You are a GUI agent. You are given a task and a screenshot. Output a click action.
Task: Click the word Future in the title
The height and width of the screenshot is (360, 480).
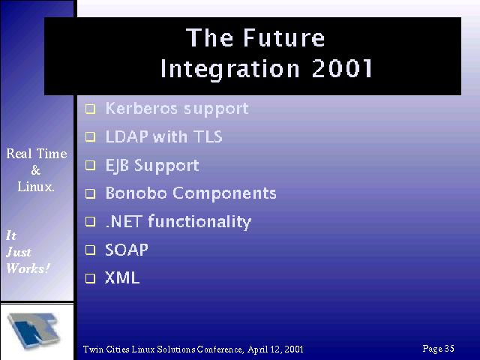[x=284, y=37]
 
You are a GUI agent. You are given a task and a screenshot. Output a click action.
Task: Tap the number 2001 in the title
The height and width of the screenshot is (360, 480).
[x=342, y=68]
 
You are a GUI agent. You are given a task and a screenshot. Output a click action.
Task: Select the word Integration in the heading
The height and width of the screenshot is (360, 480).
[x=230, y=69]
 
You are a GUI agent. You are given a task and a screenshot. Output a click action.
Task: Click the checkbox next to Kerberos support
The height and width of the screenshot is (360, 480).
[x=90, y=109]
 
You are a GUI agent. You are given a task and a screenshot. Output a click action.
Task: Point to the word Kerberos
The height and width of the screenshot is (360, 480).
[x=142, y=108]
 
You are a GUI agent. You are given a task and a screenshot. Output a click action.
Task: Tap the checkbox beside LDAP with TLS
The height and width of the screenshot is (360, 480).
[x=90, y=136]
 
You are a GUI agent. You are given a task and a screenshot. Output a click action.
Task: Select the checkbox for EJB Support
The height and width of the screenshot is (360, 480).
[x=90, y=165]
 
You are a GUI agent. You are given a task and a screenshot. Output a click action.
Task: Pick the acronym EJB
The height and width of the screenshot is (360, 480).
[x=117, y=166]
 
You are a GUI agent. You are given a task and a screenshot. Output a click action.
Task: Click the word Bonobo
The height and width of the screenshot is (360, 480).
[x=136, y=193]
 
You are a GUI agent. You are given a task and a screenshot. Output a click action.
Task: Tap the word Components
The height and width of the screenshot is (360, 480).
[x=224, y=193]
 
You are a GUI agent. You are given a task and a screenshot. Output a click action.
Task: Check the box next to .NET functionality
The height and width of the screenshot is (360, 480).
[x=90, y=221]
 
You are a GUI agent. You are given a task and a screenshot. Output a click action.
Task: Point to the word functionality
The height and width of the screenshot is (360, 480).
[x=199, y=222]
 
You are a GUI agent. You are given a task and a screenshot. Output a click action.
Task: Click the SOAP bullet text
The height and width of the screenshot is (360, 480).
[x=127, y=250]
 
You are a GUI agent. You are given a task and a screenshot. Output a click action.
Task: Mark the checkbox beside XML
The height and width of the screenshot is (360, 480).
[x=90, y=278]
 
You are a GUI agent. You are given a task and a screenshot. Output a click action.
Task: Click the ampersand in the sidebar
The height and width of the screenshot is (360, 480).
[x=36, y=170]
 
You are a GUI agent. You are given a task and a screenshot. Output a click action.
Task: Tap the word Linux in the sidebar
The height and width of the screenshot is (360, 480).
[x=35, y=187]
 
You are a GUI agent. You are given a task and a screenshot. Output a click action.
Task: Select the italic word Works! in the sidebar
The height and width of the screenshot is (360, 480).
[x=28, y=268]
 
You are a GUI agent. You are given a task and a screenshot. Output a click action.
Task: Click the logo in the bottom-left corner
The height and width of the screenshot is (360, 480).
[x=34, y=330]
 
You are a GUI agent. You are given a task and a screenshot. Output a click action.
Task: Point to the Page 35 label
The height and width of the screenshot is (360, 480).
[x=438, y=348]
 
